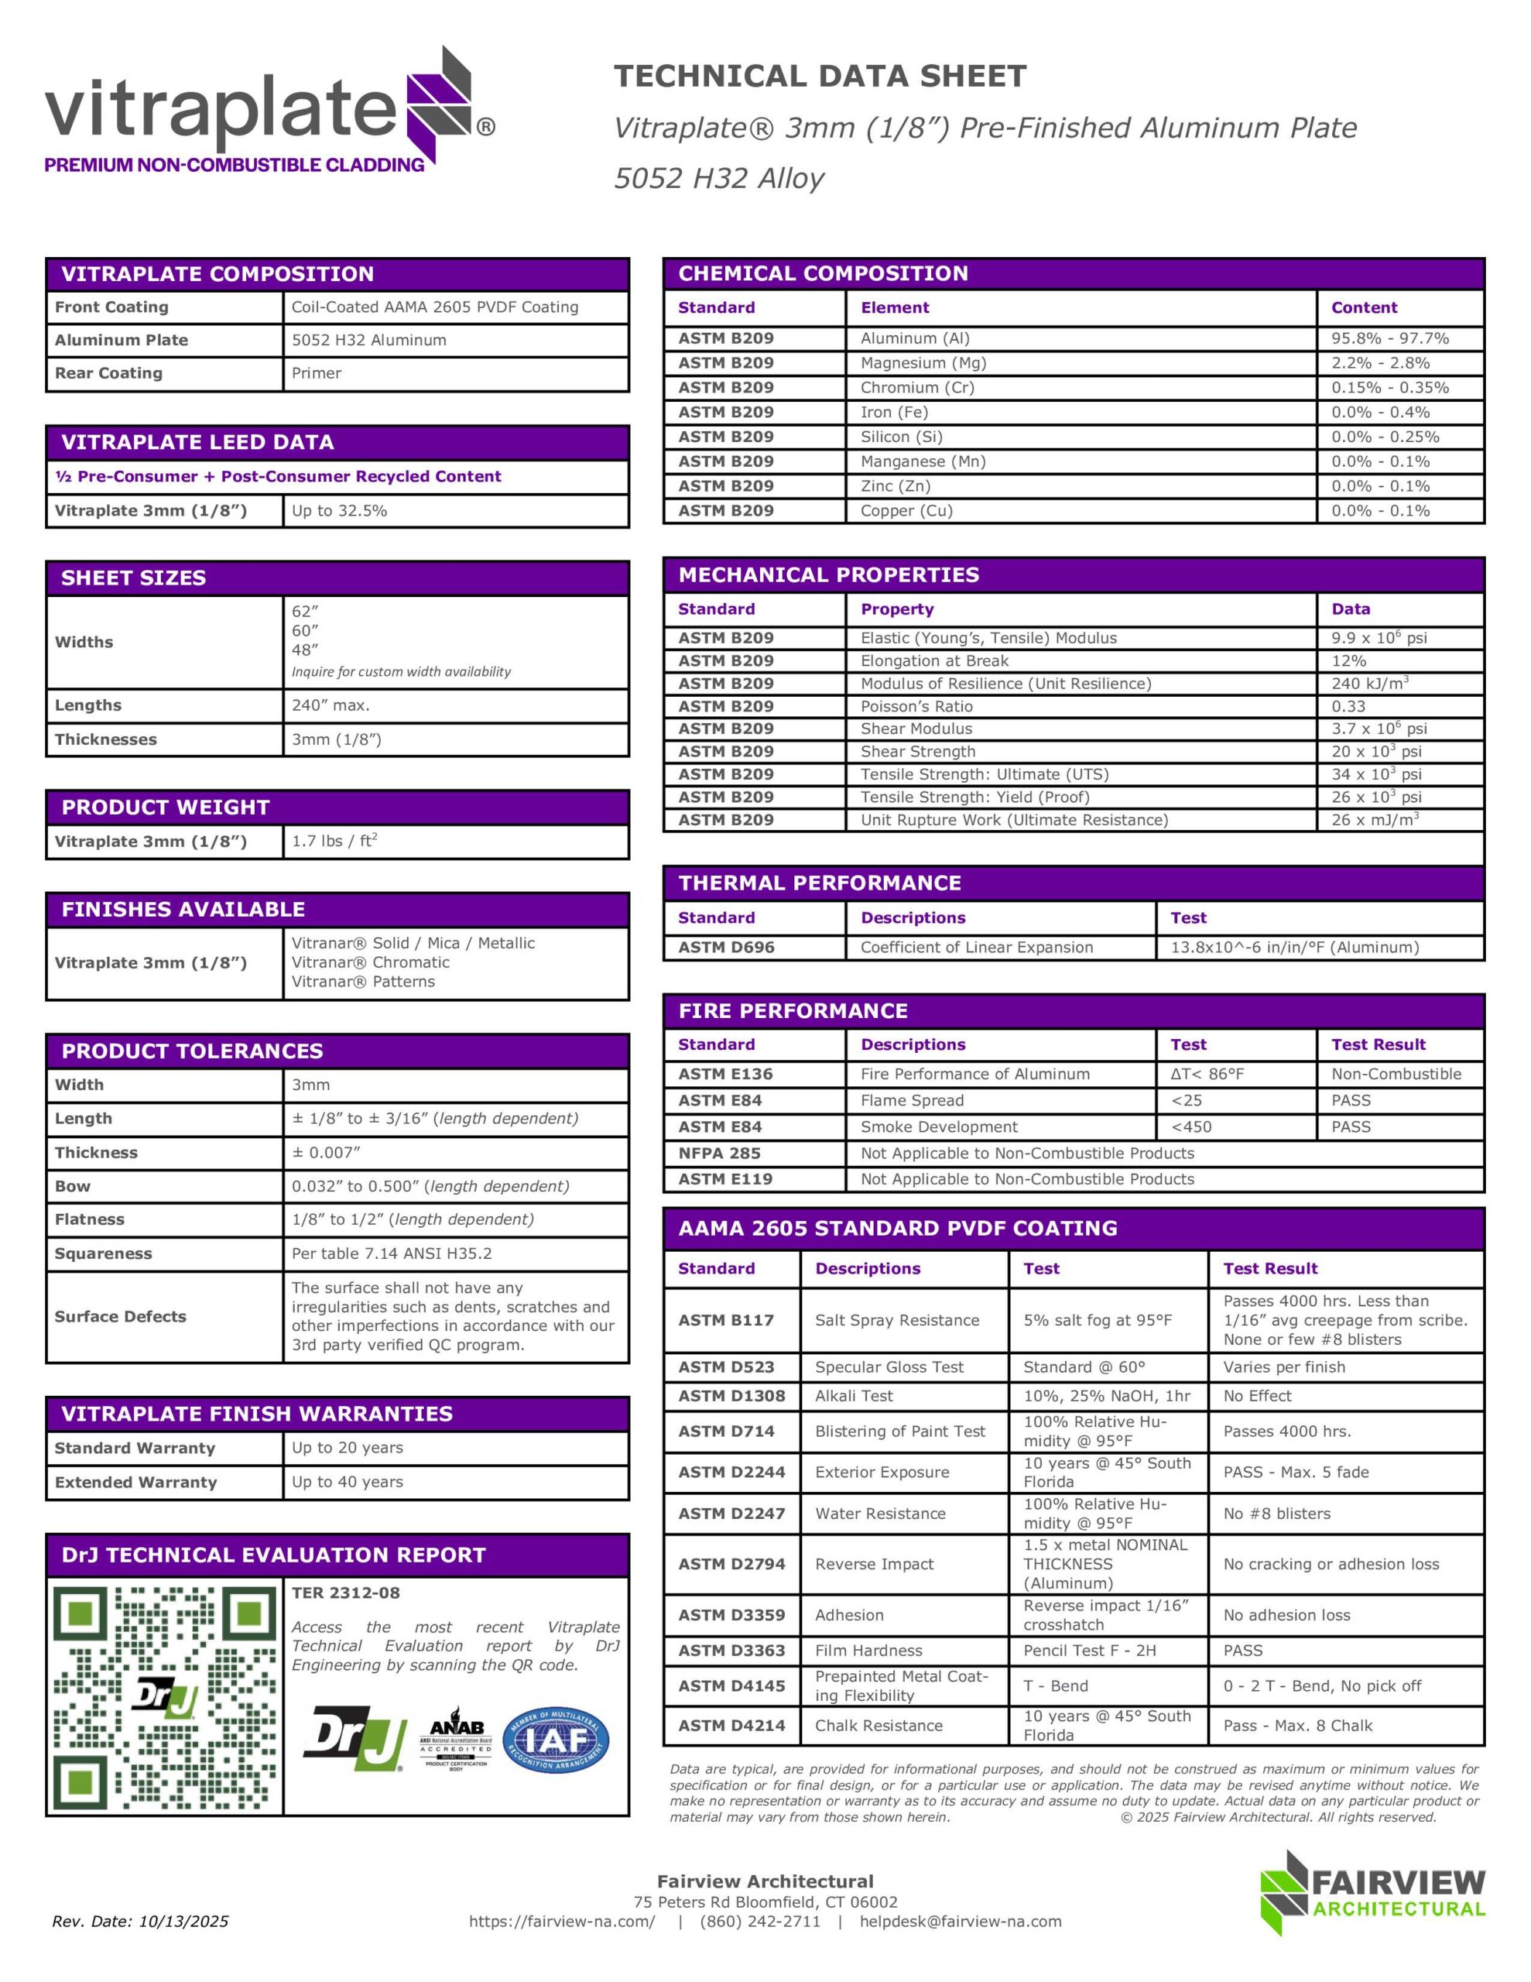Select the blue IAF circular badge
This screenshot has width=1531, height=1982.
(x=556, y=1741)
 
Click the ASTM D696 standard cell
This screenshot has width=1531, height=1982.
(x=726, y=948)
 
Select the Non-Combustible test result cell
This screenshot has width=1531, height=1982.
(x=1396, y=1075)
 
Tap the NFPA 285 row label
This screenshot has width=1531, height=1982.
(x=719, y=1154)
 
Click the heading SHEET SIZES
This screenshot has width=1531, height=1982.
(x=133, y=578)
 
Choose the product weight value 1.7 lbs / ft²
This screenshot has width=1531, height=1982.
(x=334, y=842)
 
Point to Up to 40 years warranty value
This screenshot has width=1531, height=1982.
(x=347, y=1482)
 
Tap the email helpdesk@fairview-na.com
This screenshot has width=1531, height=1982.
(x=961, y=1921)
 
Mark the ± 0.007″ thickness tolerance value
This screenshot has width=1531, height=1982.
(x=326, y=1153)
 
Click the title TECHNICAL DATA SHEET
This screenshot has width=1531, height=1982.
(x=820, y=76)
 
